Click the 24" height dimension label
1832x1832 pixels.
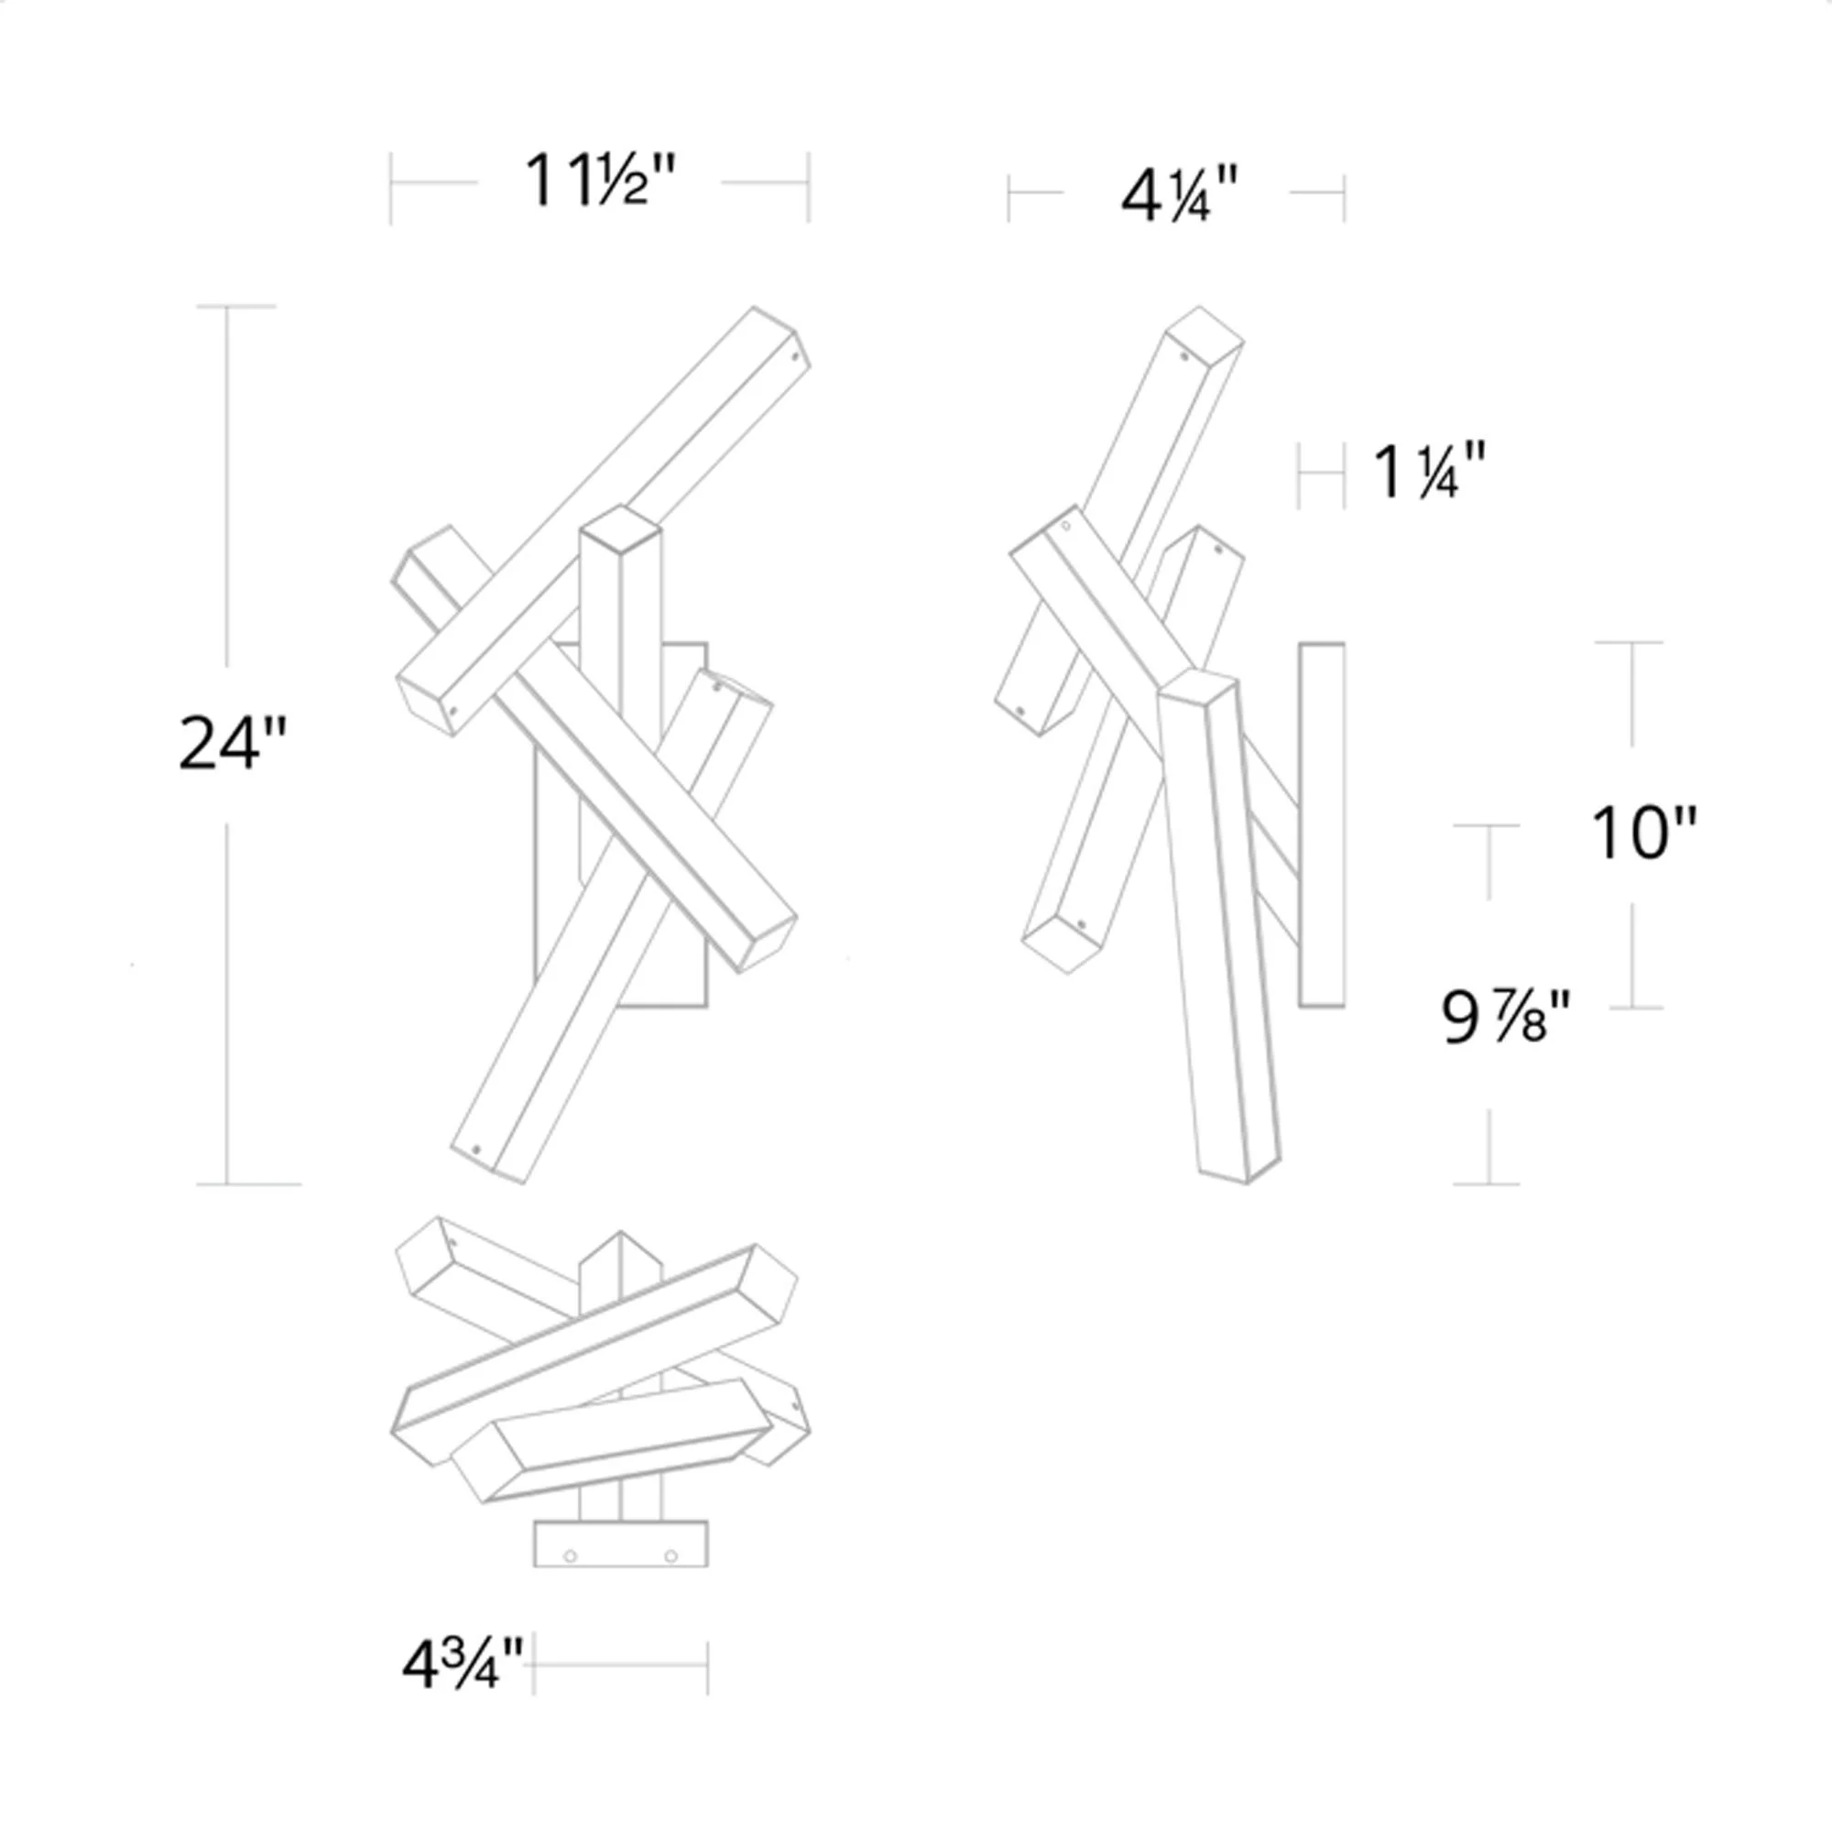click(x=232, y=744)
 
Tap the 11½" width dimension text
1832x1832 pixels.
click(x=601, y=180)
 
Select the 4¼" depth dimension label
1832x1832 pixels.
click(x=1180, y=197)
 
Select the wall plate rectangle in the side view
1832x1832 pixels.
click(x=1322, y=825)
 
